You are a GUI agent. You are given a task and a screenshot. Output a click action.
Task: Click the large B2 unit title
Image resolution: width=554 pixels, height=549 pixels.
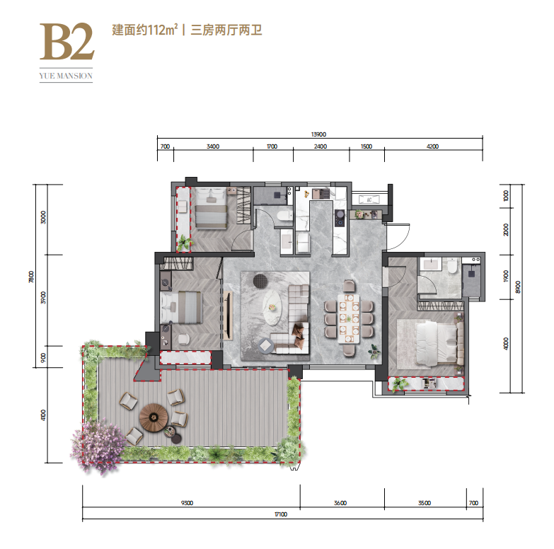[x=67, y=41]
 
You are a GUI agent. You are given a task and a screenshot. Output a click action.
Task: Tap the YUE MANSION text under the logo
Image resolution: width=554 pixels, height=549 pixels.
[x=66, y=76]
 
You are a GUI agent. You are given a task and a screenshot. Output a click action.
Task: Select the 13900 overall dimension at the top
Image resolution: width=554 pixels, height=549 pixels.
[x=318, y=134]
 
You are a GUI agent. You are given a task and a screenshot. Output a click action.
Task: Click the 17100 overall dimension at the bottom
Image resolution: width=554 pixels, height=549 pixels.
[x=281, y=514]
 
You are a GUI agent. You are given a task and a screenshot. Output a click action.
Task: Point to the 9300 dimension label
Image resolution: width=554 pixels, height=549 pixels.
[x=187, y=503]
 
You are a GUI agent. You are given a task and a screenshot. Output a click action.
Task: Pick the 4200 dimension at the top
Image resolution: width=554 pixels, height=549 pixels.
[x=432, y=146]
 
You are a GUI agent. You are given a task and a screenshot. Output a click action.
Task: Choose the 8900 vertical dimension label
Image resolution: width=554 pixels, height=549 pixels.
[x=518, y=287]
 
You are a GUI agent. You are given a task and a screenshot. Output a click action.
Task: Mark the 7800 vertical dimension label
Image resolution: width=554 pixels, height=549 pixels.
[x=31, y=277]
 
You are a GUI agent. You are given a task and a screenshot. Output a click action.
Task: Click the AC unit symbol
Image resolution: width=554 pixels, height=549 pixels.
[x=369, y=200]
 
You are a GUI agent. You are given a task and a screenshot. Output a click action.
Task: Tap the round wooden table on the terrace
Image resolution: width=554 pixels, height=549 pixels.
[x=154, y=417]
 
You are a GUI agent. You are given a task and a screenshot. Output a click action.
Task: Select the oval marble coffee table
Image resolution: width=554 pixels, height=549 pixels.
[x=272, y=308]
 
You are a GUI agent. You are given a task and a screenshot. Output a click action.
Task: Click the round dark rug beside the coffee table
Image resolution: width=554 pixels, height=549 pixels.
[x=261, y=281]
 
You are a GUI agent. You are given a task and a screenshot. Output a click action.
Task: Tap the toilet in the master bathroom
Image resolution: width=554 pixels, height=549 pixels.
[x=452, y=266]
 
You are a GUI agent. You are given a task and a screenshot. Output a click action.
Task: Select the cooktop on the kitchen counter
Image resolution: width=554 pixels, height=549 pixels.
[x=340, y=218]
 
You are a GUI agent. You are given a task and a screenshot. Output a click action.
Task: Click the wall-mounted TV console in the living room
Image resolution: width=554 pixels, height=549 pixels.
[x=229, y=316]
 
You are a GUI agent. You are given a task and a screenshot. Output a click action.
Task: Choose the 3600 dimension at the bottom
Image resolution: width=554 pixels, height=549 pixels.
[x=340, y=503]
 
